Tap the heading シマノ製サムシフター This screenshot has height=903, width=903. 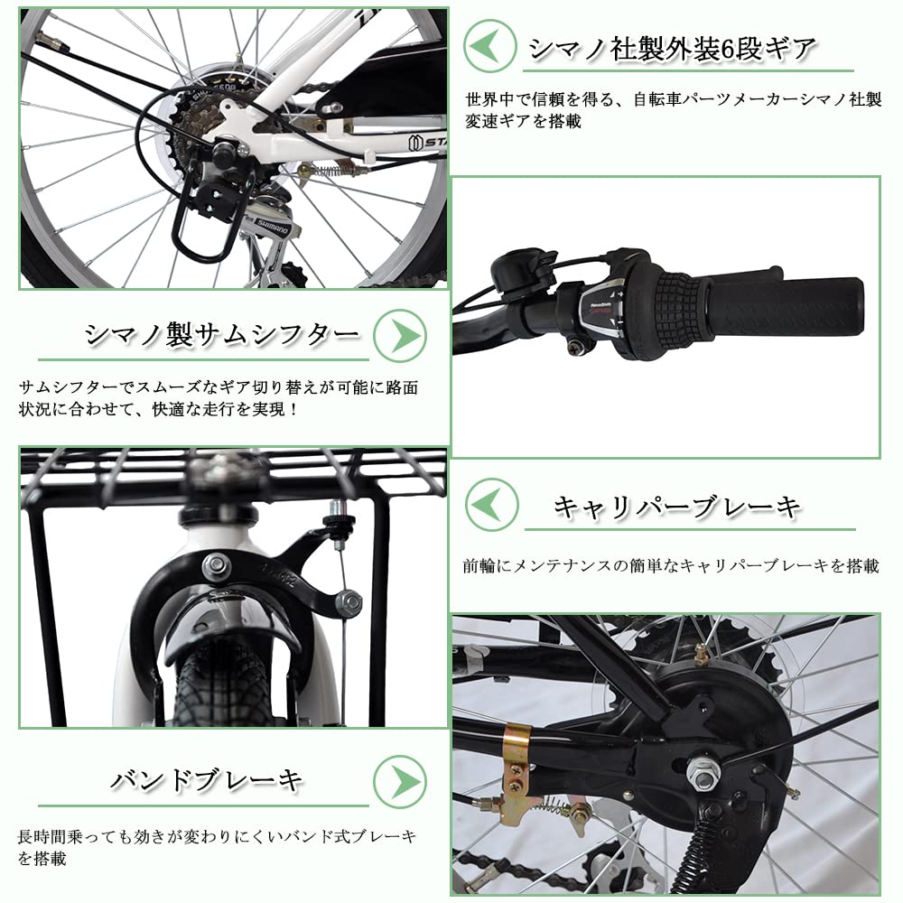tap(222, 335)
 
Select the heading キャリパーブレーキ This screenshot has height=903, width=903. tap(677, 507)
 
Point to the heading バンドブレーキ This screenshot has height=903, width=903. tap(207, 780)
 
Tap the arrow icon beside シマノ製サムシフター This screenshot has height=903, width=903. tap(399, 335)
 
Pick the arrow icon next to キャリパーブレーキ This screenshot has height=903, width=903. tap(491, 504)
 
